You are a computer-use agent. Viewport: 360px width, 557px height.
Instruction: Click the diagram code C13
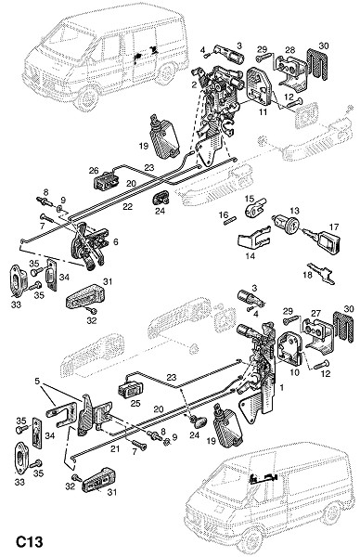(x=30, y=542)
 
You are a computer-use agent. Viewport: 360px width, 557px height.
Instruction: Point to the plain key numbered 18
(x=320, y=274)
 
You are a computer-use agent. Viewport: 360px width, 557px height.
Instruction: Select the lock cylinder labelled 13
(x=286, y=225)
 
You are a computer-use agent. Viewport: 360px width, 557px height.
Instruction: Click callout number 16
(x=224, y=215)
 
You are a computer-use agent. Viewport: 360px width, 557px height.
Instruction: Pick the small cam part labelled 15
(x=255, y=208)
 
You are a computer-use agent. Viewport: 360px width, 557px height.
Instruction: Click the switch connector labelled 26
(x=106, y=181)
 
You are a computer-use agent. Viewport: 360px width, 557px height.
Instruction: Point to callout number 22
(x=128, y=206)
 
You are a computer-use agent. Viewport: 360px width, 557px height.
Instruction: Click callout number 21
(x=115, y=448)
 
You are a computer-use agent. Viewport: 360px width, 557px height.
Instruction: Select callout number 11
(x=263, y=113)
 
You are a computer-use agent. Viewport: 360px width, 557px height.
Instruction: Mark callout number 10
(x=295, y=372)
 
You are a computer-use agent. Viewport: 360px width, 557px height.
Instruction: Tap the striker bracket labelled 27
(x=317, y=333)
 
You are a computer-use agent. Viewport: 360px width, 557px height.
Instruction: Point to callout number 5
(x=37, y=382)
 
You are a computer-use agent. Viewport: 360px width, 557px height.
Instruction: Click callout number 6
(x=116, y=242)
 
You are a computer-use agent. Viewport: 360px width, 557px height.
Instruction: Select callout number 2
(x=194, y=84)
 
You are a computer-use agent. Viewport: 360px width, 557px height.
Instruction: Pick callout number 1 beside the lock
(x=282, y=387)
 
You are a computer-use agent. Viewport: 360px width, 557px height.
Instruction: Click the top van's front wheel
(x=86, y=98)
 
